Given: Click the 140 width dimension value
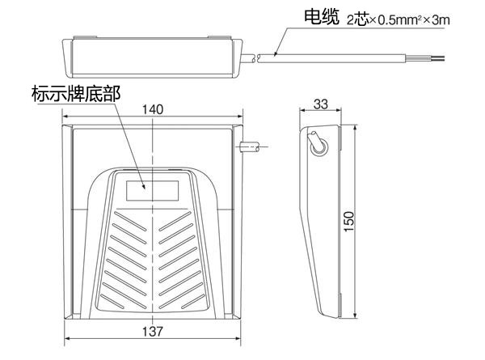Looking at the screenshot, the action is (x=153, y=109).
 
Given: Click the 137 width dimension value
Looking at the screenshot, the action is (x=153, y=332).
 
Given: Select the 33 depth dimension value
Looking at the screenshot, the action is (x=320, y=104).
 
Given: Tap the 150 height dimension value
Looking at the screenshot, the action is (x=349, y=222).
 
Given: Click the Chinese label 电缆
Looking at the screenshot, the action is (x=322, y=17).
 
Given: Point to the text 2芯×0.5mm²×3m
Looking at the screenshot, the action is (x=399, y=20).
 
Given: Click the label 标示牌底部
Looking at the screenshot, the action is (x=76, y=94).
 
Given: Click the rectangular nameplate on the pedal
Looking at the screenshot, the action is (x=153, y=191).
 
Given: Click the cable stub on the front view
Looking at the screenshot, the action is (x=250, y=146).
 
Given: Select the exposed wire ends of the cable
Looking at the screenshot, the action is (x=425, y=58).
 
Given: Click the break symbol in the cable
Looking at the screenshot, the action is (x=256, y=58).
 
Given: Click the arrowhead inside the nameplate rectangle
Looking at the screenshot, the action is (x=143, y=186).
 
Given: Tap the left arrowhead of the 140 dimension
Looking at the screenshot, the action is (x=65, y=116).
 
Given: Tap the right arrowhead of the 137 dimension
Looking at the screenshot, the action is (x=238, y=338).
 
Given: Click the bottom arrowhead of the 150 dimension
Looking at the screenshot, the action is (x=356, y=315).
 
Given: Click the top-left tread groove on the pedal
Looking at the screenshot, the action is (x=130, y=221).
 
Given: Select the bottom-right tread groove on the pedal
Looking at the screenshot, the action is (x=191, y=302).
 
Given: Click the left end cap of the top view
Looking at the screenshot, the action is (x=67, y=58).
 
